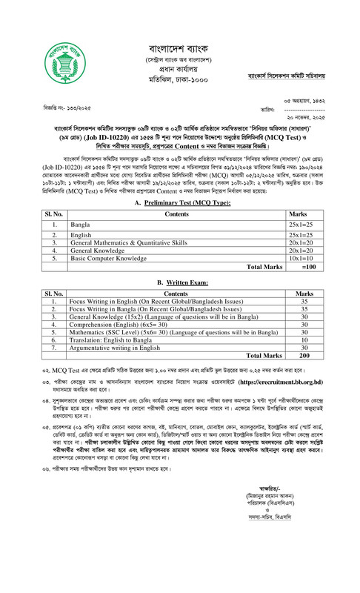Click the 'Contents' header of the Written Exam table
pyautogui.click(x=179, y=294)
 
